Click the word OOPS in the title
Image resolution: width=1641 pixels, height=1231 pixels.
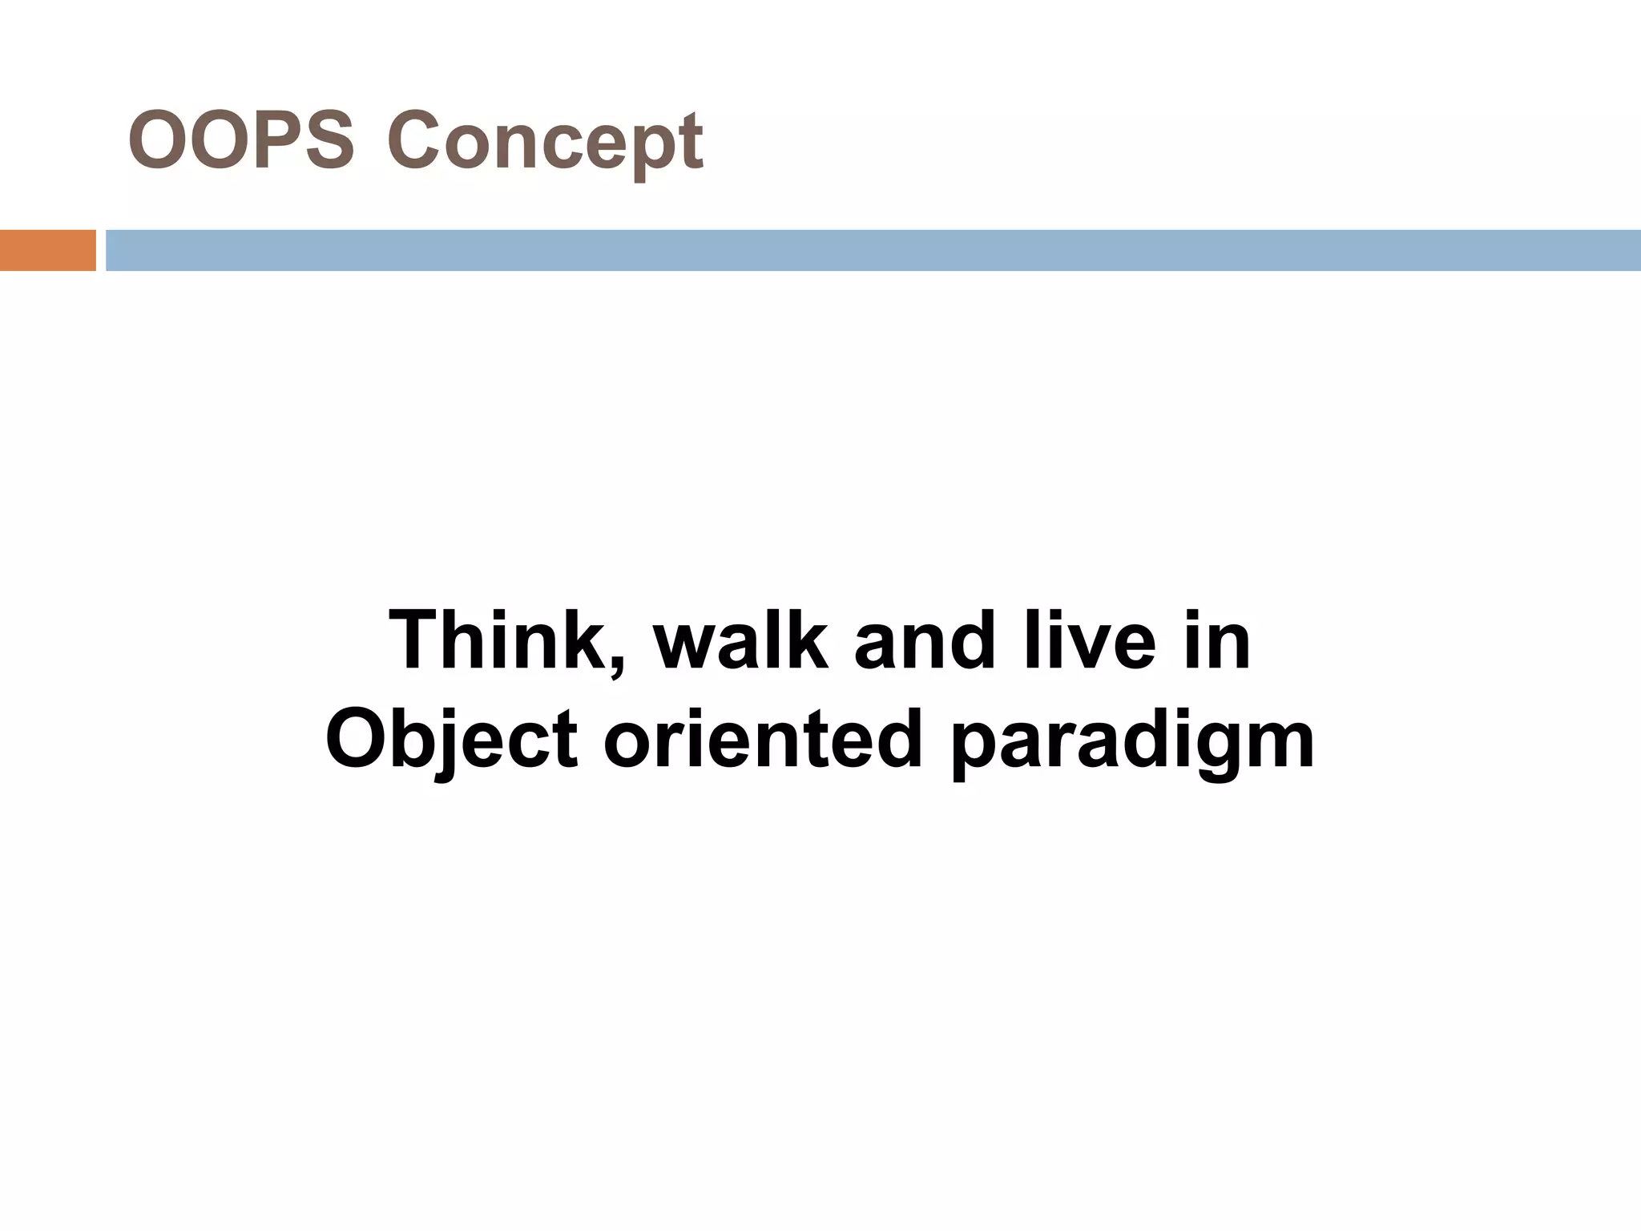pos(240,142)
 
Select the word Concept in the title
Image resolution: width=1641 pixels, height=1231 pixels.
pos(545,142)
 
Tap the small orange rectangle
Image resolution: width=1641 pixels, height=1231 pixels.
pos(47,250)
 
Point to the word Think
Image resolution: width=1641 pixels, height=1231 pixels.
pos(497,640)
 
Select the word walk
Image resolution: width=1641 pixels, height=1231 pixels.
pos(740,640)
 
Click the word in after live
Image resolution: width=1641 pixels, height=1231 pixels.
pos(1216,640)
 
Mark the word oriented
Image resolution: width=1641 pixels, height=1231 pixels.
pos(763,739)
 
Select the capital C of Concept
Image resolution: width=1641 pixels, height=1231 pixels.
pos(414,142)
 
